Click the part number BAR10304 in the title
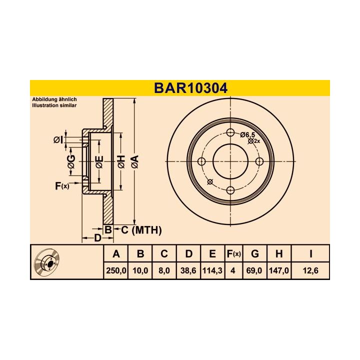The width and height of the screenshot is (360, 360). point(190,88)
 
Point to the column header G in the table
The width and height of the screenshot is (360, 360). point(254,254)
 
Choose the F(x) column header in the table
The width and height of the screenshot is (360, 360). point(233,254)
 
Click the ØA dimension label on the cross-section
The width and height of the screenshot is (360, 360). point(134,161)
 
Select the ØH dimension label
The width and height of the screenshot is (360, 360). point(120,161)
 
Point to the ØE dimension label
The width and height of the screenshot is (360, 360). point(99,161)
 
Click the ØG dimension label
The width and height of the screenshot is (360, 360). point(71,161)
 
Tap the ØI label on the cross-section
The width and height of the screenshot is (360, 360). point(57,139)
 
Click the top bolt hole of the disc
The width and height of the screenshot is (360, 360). point(230,132)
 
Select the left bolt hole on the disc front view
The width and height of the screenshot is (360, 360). point(202,161)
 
